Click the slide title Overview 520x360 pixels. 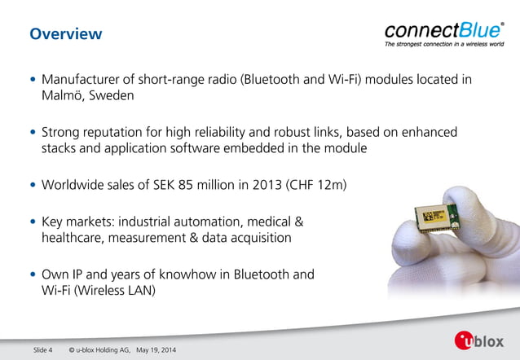[x=65, y=34]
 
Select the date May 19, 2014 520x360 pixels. [x=154, y=350]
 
